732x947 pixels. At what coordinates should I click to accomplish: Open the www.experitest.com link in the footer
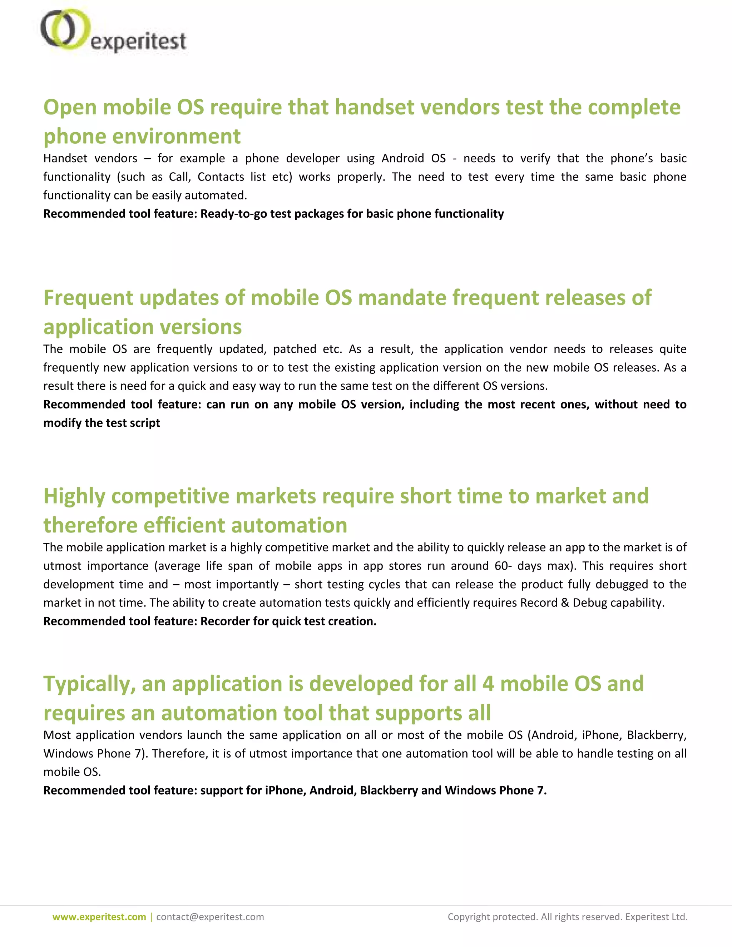tap(99, 917)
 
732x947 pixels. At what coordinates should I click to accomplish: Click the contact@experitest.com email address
tap(210, 917)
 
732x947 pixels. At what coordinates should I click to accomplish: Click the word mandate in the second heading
tap(402, 298)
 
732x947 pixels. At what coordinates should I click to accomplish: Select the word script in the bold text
tap(146, 423)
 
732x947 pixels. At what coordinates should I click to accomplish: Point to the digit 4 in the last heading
tap(488, 684)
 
